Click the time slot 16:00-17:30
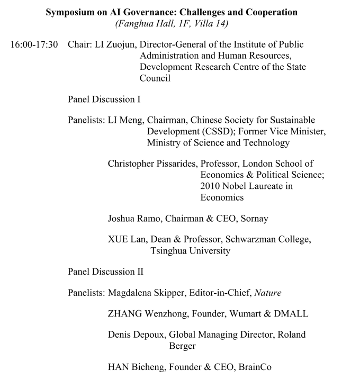pos(34,44)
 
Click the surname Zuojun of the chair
pos(121,44)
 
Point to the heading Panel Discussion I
pos(104,98)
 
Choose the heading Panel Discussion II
pos(106,272)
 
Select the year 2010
pos(211,186)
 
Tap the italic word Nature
pos(268,293)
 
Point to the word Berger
pos(183,346)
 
